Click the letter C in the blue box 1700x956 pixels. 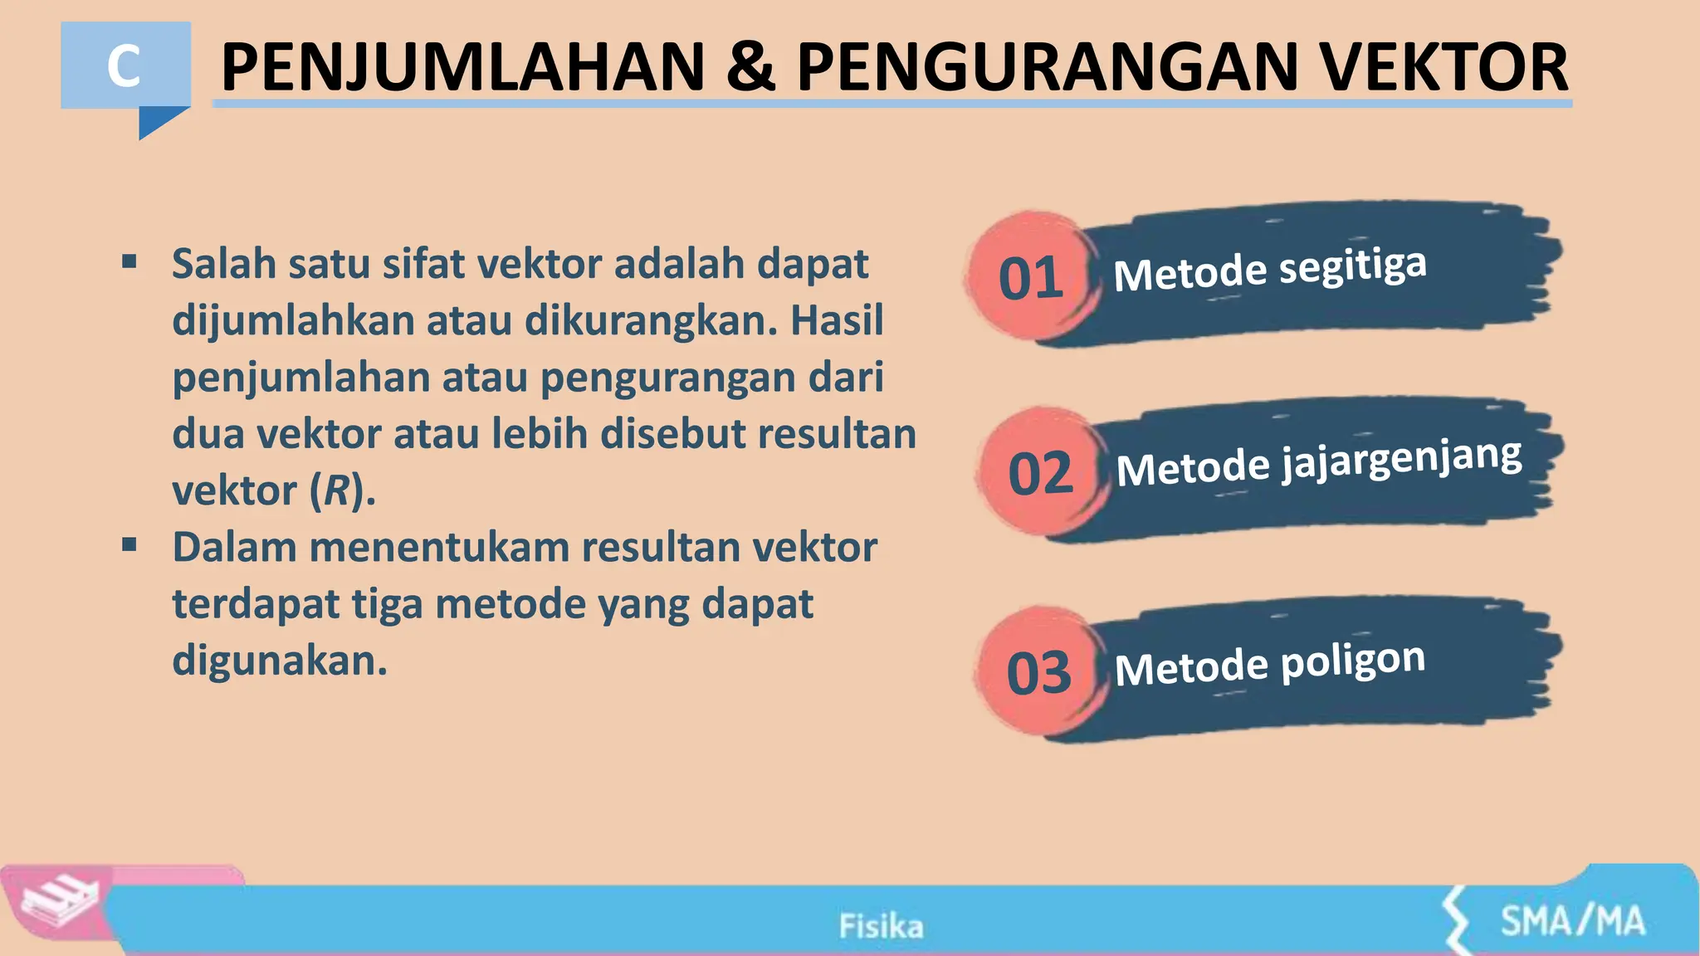(x=124, y=66)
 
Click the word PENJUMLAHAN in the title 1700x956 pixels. (x=463, y=68)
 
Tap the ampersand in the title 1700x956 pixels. (x=750, y=68)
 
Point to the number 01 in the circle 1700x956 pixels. (x=1030, y=279)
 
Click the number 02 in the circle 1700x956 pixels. (x=1040, y=474)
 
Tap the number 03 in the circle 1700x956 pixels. (x=1038, y=673)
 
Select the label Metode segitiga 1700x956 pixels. (x=1269, y=270)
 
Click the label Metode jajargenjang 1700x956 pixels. (x=1318, y=462)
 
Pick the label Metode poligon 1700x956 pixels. (x=1269, y=664)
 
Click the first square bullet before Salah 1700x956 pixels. (x=129, y=263)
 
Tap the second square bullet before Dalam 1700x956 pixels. (x=129, y=545)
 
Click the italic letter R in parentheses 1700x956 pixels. (x=337, y=490)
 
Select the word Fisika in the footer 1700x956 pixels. (x=881, y=925)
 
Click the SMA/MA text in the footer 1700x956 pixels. (x=1572, y=921)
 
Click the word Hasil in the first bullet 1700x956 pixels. (x=837, y=320)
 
